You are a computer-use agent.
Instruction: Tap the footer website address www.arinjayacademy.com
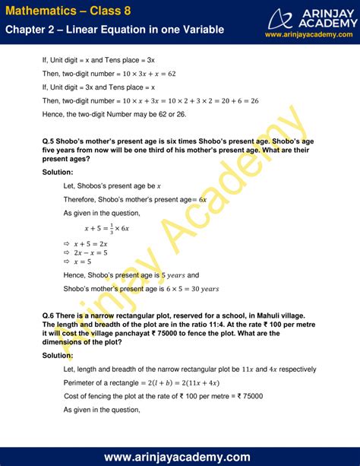point(179,456)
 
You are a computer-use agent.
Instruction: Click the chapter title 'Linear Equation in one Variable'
point(144,30)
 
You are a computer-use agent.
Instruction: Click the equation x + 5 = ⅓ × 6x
point(111,227)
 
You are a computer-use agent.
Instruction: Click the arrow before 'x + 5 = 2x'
point(67,242)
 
